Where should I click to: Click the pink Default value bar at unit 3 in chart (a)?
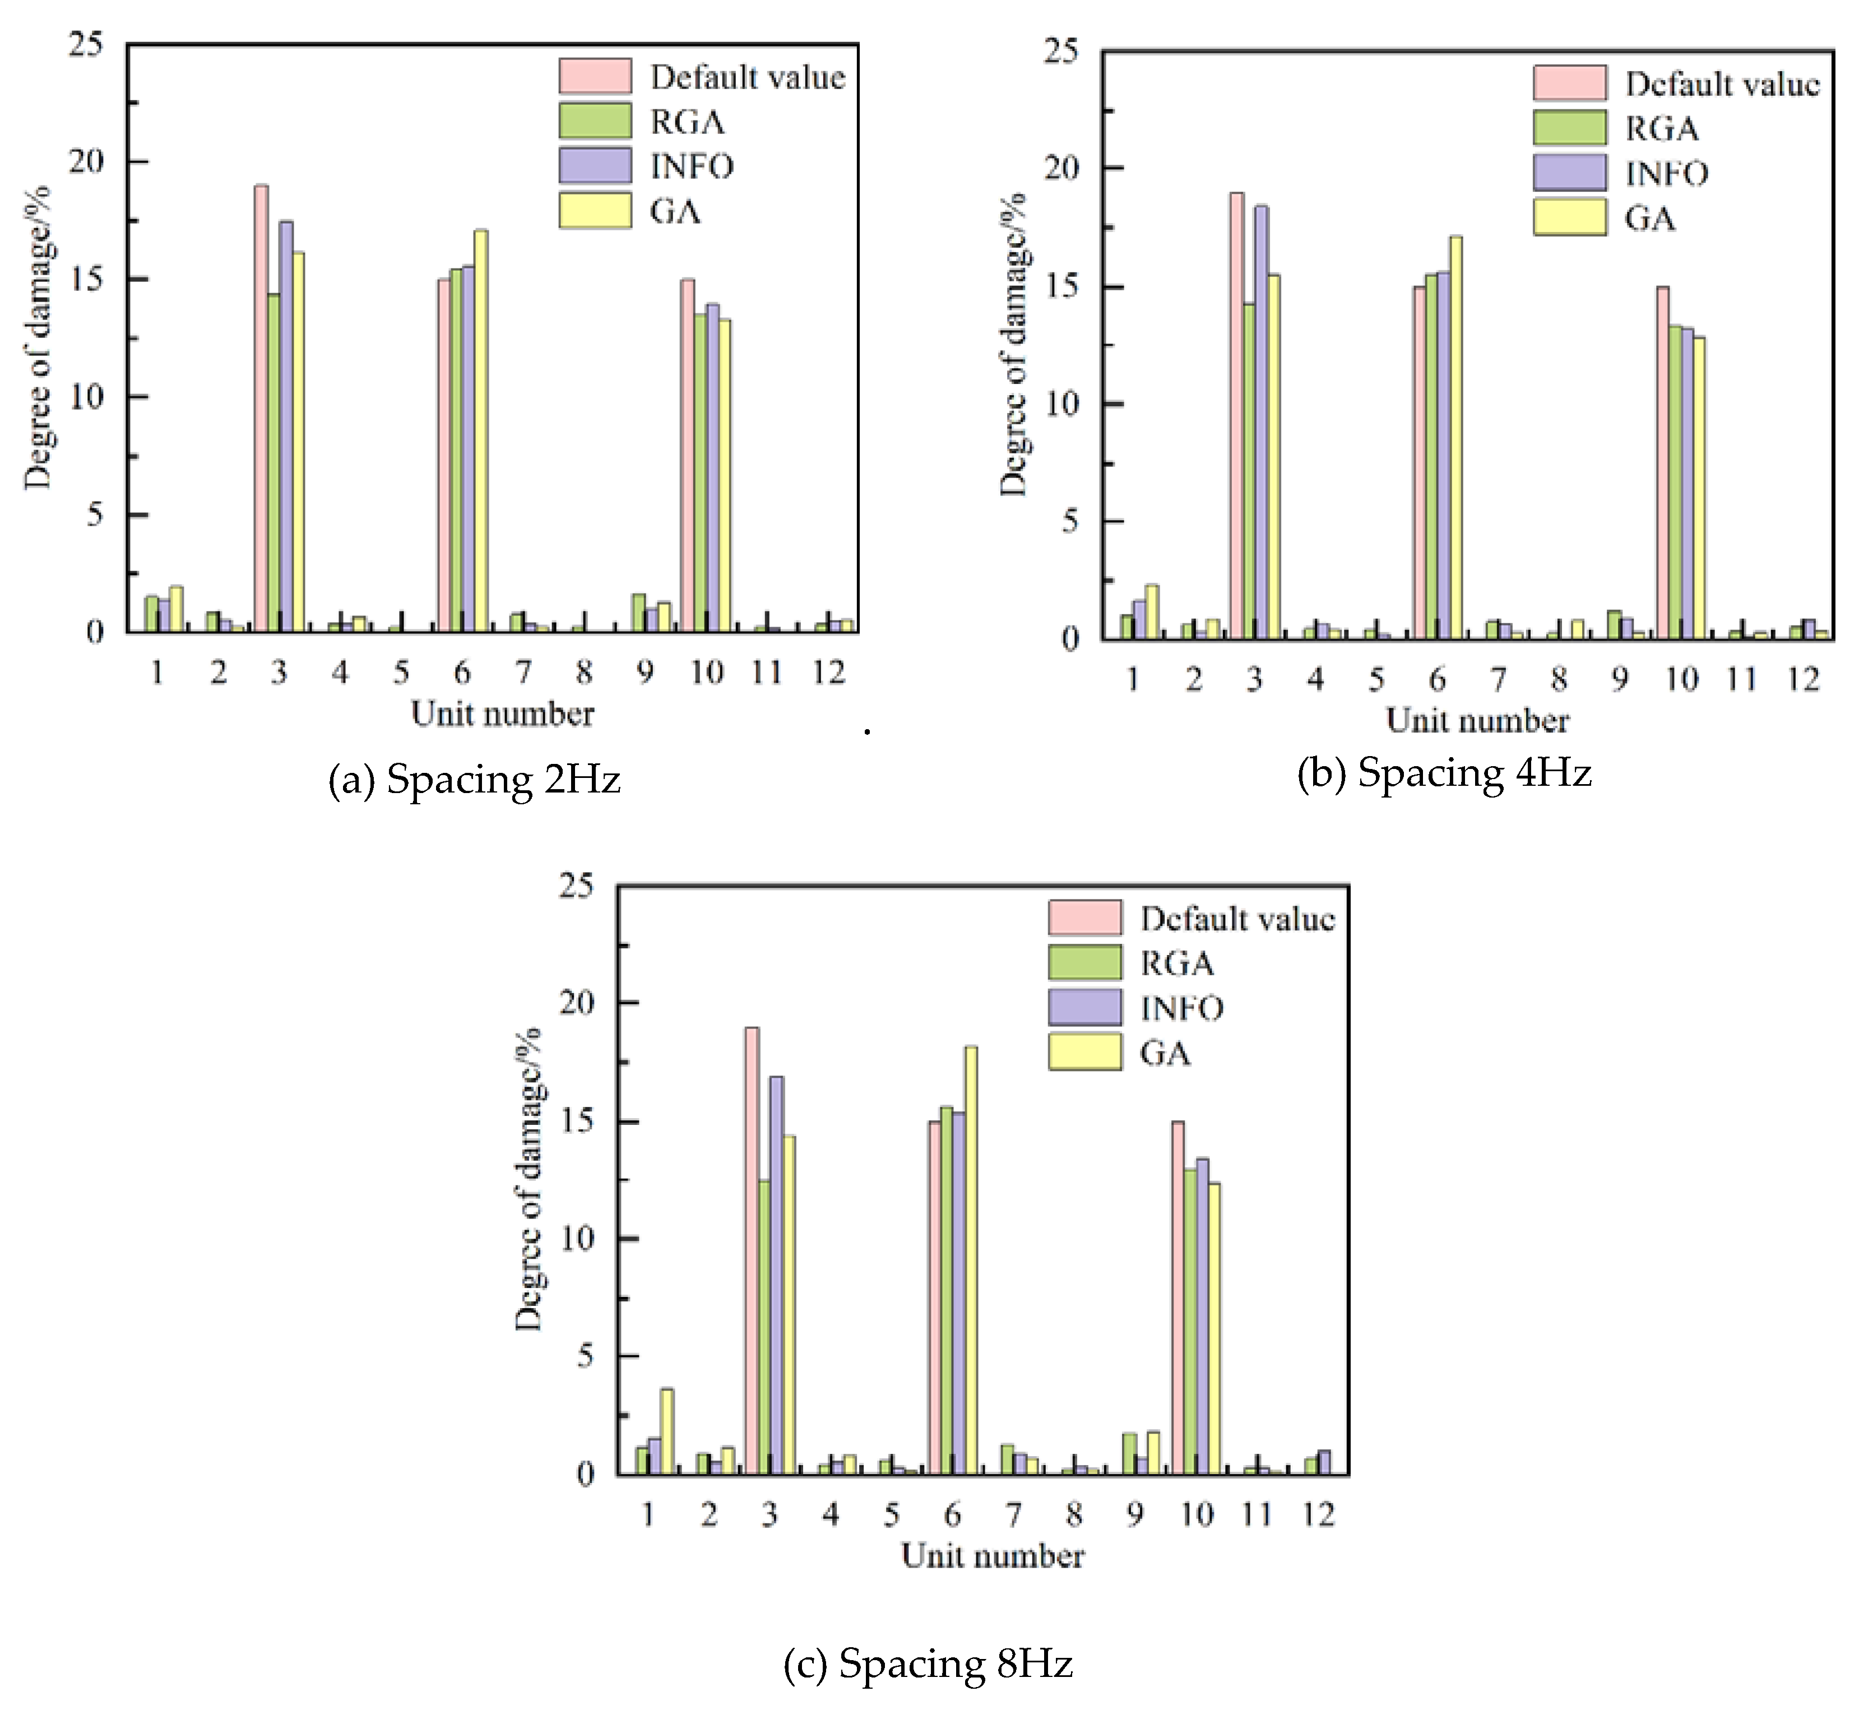pyautogui.click(x=261, y=407)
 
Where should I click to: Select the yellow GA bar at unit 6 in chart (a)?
pyautogui.click(x=480, y=430)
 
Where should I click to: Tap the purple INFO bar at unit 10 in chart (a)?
pyautogui.click(x=712, y=467)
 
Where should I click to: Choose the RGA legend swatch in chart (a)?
pyautogui.click(x=595, y=121)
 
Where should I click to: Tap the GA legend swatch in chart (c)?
pyautogui.click(x=1084, y=1052)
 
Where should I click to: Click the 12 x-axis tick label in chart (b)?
pyautogui.click(x=1802, y=679)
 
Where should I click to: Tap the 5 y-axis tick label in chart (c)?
pyautogui.click(x=585, y=1356)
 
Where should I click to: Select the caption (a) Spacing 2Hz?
pyautogui.click(x=474, y=779)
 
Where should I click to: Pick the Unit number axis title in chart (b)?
pyautogui.click(x=1477, y=721)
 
